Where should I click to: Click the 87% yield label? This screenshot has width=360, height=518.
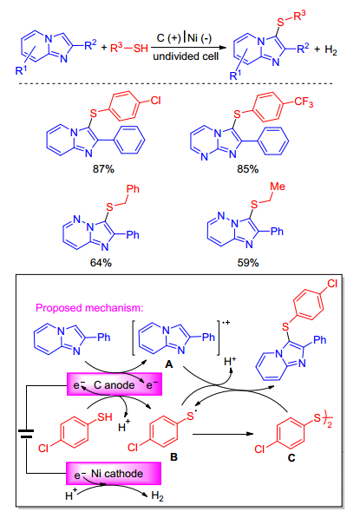103,169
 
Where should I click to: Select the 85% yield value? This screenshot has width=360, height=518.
248,169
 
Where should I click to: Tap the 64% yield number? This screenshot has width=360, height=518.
101,263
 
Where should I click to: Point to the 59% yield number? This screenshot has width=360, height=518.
248,263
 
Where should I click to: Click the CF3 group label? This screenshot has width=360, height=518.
304,102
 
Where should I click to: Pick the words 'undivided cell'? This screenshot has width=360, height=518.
186,56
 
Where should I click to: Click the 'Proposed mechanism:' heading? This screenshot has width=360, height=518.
89,308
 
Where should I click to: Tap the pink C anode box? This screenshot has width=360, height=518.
115,384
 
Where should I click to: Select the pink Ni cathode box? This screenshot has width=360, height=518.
114,474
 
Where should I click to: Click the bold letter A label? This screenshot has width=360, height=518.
169,364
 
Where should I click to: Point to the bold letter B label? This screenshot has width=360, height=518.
173,457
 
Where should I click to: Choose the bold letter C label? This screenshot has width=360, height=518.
291,458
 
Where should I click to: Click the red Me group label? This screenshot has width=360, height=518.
278,187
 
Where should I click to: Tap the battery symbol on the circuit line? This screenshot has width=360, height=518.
26,434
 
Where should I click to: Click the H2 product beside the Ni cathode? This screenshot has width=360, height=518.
157,495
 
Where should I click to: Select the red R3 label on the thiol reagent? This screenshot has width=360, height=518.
116,48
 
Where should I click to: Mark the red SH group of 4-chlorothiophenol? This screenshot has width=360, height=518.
105,416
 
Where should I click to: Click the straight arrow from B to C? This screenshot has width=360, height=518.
223,434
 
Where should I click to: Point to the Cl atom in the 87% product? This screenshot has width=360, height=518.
155,100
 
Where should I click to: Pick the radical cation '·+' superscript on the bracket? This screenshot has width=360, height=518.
226,323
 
